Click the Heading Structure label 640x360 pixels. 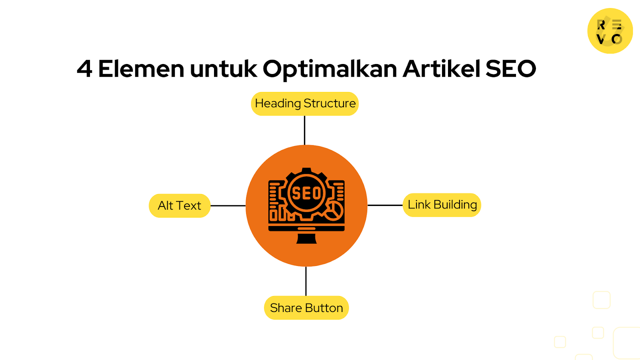point(305,104)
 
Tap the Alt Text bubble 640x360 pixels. point(180,206)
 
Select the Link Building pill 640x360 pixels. point(442,205)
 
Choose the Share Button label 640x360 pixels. point(306,308)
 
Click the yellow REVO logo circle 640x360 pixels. point(610,31)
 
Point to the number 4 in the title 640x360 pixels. point(84,69)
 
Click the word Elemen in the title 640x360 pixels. point(141,69)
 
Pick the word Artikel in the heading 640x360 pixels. point(441,69)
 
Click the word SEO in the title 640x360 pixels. point(510,69)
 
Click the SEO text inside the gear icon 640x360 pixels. point(306,194)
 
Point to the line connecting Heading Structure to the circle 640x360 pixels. point(305,130)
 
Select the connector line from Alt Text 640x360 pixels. point(228,206)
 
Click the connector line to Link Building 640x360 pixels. point(385,205)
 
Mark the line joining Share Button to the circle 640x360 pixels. point(306,281)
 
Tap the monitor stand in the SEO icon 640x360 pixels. point(306,239)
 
